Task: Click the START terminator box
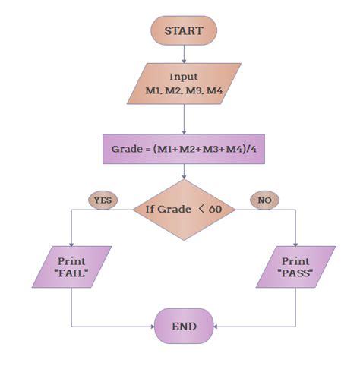click(185, 31)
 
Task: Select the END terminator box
click(185, 327)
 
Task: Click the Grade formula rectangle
click(185, 150)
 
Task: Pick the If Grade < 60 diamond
click(185, 209)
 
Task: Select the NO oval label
click(264, 200)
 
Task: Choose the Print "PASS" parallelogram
click(295, 267)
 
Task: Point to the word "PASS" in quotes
click(295, 273)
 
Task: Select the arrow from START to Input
click(185, 53)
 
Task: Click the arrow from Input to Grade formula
click(185, 119)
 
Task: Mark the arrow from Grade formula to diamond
click(185, 172)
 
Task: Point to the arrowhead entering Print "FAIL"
click(71, 243)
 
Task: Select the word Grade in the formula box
click(127, 150)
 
